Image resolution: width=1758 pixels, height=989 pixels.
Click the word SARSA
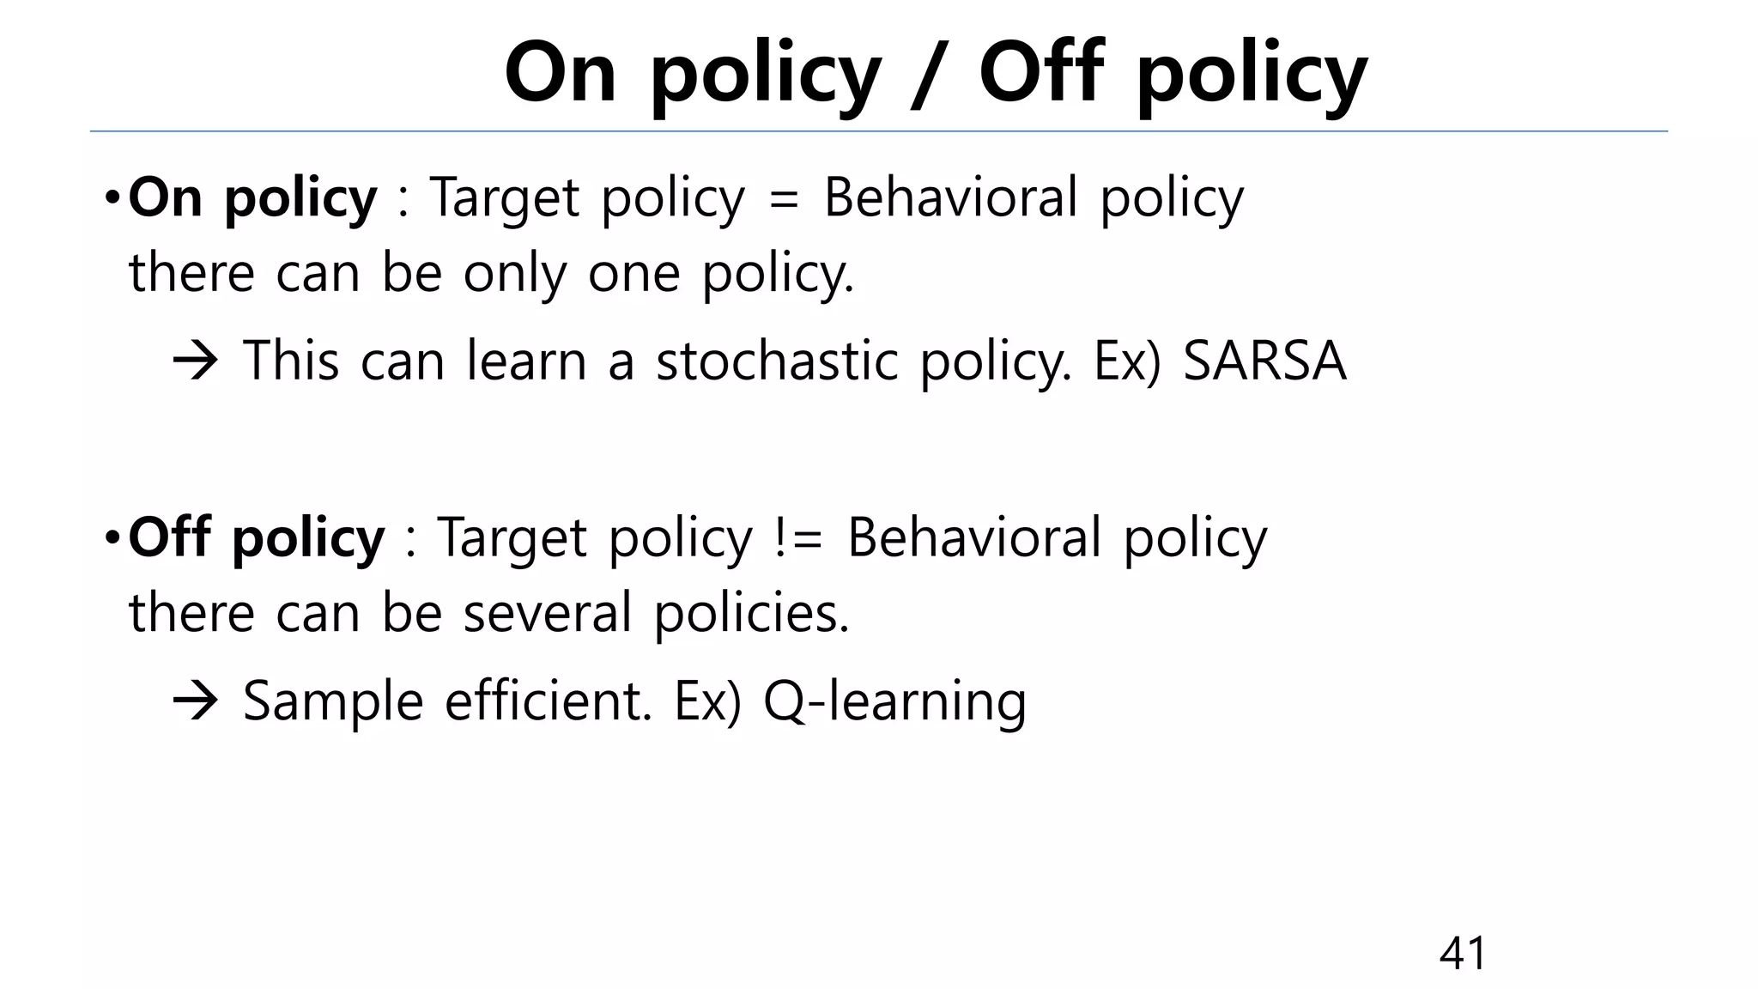[1264, 361]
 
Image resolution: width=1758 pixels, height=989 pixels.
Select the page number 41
[1463, 953]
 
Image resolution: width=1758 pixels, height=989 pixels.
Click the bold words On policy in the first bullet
[252, 197]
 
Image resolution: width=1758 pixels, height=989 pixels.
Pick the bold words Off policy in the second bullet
[257, 537]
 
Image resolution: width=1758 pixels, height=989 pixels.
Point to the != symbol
[797, 539]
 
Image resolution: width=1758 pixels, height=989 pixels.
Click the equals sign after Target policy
[784, 199]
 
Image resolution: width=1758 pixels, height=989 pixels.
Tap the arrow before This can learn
[196, 362]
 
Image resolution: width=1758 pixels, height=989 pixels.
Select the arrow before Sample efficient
[196, 702]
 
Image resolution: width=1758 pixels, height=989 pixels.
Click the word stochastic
[777, 361]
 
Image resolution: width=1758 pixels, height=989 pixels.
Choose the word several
[548, 613]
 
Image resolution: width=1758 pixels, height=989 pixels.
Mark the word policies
[751, 613]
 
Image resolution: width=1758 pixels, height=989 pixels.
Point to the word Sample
[333, 702]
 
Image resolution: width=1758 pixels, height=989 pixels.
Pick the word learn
[526, 361]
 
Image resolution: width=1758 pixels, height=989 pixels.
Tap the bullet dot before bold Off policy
[112, 539]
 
